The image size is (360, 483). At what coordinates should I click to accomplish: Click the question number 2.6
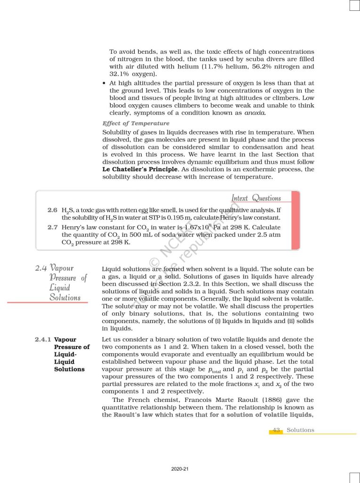[52, 209]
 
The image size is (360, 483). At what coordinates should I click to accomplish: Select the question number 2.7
[52, 227]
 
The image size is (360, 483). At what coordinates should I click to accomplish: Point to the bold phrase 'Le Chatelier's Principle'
[140, 169]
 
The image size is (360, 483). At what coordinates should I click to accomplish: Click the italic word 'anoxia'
[254, 113]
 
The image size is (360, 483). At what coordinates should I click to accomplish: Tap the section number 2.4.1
[43, 340]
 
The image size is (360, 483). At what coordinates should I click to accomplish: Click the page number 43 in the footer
[277, 430]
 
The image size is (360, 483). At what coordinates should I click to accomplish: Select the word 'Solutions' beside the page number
[300, 430]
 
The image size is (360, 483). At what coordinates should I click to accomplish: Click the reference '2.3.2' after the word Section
[189, 284]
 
